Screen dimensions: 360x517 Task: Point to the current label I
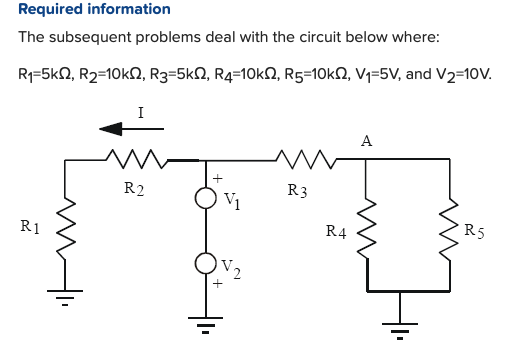pyautogui.click(x=140, y=112)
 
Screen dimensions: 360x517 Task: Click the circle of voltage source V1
pyautogui.click(x=206, y=198)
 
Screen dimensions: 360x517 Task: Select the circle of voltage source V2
pyautogui.click(x=206, y=264)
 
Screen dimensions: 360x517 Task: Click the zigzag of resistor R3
pyautogui.click(x=300, y=158)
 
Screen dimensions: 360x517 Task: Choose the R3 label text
pyautogui.click(x=296, y=189)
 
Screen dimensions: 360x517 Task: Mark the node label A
pyautogui.click(x=367, y=142)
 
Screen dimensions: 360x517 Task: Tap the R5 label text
pyautogui.click(x=475, y=233)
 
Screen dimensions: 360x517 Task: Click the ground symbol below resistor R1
pyautogui.click(x=67, y=296)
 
